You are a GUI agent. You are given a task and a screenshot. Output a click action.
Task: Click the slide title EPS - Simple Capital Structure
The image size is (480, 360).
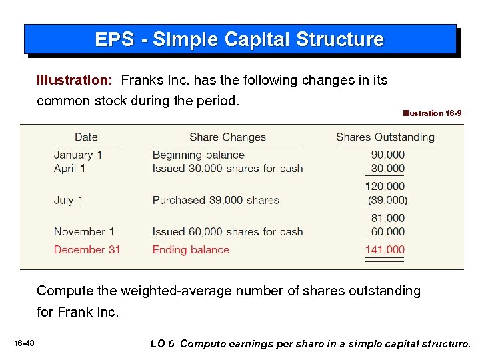(239, 39)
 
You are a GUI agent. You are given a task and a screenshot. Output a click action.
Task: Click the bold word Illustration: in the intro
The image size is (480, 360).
(74, 81)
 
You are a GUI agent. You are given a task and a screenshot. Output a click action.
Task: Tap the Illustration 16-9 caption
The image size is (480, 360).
(432, 113)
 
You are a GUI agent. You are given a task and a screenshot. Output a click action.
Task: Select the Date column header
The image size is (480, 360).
(86, 137)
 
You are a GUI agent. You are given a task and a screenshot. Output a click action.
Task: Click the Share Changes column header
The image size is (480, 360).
(227, 137)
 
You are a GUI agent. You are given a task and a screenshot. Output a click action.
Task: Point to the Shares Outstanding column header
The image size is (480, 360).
(385, 137)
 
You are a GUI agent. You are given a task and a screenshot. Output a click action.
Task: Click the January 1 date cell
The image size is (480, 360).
(78, 155)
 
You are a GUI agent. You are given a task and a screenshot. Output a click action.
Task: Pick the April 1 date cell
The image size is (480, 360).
(69, 169)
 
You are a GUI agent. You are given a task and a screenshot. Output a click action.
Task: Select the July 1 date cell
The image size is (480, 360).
(68, 200)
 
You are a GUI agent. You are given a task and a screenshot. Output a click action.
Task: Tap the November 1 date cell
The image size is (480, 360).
(84, 232)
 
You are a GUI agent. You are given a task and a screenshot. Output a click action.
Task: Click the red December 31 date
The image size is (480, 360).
(87, 250)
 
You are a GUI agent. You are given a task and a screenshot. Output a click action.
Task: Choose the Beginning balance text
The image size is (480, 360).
(199, 155)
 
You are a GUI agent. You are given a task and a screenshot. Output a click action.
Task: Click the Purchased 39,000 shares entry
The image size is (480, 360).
(216, 200)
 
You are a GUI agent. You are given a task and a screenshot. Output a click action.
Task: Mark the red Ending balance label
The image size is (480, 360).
(191, 250)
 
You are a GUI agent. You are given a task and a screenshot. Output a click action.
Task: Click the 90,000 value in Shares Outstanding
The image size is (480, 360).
(387, 155)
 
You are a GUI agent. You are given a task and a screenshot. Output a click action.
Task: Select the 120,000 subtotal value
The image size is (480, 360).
(385, 187)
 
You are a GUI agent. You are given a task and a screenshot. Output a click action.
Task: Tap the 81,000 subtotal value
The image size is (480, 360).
(387, 218)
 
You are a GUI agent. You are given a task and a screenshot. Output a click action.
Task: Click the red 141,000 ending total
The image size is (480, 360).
(385, 250)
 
